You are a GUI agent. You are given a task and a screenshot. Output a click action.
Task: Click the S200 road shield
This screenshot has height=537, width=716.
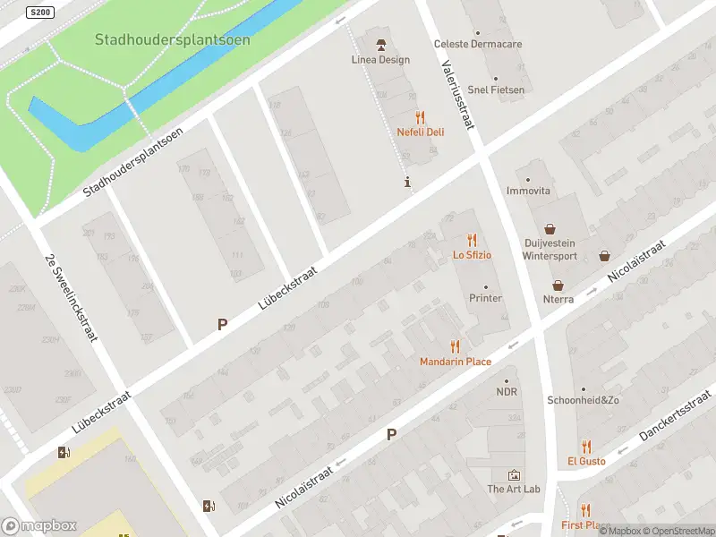(40, 13)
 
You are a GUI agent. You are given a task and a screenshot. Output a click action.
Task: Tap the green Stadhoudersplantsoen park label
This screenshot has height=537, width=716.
(173, 40)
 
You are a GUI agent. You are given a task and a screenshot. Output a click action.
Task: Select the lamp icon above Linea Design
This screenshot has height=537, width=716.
(380, 45)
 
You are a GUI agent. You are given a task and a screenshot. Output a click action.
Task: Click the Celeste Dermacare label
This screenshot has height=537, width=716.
(477, 44)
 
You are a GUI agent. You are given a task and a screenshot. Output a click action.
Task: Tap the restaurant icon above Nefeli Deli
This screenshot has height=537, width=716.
(420, 117)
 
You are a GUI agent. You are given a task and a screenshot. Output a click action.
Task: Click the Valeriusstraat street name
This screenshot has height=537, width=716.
(458, 94)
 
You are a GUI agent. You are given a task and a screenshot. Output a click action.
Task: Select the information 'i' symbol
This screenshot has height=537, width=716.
(408, 183)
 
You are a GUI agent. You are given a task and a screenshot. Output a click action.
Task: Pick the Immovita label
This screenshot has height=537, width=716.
(528, 192)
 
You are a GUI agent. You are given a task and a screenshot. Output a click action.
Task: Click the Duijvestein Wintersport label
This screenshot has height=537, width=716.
(549, 249)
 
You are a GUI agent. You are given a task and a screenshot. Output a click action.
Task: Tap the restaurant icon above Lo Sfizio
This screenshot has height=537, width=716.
(472, 240)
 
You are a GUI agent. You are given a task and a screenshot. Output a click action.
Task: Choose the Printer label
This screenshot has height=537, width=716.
(486, 298)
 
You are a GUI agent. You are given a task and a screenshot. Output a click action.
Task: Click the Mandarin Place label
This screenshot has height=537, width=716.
(456, 362)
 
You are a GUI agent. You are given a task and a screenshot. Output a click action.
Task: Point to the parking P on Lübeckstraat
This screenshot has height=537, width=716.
(222, 325)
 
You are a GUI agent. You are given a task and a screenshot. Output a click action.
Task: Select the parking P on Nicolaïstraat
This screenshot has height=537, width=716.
(391, 434)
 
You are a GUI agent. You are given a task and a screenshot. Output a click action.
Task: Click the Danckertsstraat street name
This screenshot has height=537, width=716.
(677, 414)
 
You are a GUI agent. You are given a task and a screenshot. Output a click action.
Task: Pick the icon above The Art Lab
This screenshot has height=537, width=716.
(514, 474)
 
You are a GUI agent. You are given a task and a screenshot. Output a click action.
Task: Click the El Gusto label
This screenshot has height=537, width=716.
(586, 462)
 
